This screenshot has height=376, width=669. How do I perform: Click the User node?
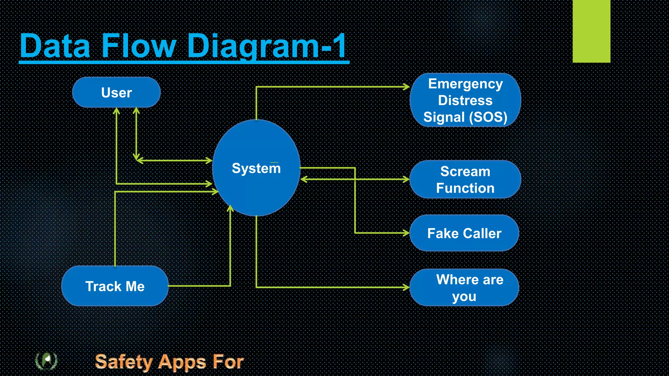tap(116, 92)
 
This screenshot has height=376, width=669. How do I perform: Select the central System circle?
tap(256, 168)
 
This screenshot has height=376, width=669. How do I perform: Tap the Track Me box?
tap(115, 286)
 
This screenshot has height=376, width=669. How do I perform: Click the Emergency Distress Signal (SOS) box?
tap(465, 100)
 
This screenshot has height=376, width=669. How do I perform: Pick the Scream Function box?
tap(465, 180)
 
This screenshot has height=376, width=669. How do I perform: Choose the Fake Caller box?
tap(464, 233)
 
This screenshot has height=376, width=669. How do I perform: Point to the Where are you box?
tap(464, 288)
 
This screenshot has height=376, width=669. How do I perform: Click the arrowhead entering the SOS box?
tap(406, 87)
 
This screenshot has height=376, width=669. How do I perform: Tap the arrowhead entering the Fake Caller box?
tap(406, 233)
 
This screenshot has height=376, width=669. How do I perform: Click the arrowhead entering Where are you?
tap(406, 287)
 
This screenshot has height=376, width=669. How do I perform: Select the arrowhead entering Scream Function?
tap(406, 179)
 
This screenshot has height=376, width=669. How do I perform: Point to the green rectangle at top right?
tap(591, 31)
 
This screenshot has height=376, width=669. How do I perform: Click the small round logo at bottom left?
tap(46, 361)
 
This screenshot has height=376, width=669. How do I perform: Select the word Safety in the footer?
tap(124, 362)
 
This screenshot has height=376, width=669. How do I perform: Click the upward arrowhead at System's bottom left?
tap(230, 208)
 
